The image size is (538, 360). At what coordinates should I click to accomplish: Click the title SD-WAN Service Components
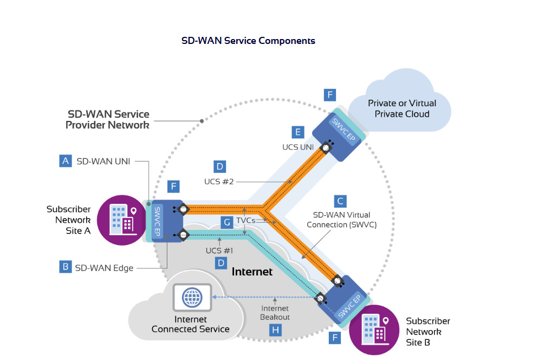pyautogui.click(x=248, y=41)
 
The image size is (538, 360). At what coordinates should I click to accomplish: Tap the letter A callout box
pyautogui.click(x=66, y=161)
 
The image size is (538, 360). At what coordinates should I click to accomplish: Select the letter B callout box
pyautogui.click(x=66, y=267)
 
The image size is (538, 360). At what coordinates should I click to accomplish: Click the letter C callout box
pyautogui.click(x=340, y=201)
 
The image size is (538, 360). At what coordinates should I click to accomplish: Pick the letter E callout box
pyautogui.click(x=296, y=132)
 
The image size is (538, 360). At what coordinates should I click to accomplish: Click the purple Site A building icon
pyautogui.click(x=121, y=219)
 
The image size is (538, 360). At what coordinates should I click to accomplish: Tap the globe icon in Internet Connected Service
pyautogui.click(x=191, y=298)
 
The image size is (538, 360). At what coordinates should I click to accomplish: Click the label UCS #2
pyautogui.click(x=219, y=181)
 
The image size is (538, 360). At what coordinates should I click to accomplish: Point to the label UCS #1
pyautogui.click(x=219, y=250)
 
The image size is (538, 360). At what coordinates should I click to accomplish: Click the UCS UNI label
pyautogui.click(x=298, y=147)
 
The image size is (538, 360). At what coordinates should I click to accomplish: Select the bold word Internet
pyautogui.click(x=252, y=272)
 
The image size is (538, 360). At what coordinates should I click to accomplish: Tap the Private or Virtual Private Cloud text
pyautogui.click(x=401, y=108)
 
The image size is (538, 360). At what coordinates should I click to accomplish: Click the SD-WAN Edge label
pyautogui.click(x=105, y=267)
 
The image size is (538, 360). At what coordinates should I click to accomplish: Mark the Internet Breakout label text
pyautogui.click(x=275, y=313)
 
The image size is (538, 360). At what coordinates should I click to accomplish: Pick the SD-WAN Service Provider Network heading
pyautogui.click(x=107, y=119)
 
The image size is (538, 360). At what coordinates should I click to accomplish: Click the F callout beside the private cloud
pyautogui.click(x=329, y=95)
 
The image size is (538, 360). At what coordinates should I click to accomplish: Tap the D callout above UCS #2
pyautogui.click(x=219, y=166)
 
